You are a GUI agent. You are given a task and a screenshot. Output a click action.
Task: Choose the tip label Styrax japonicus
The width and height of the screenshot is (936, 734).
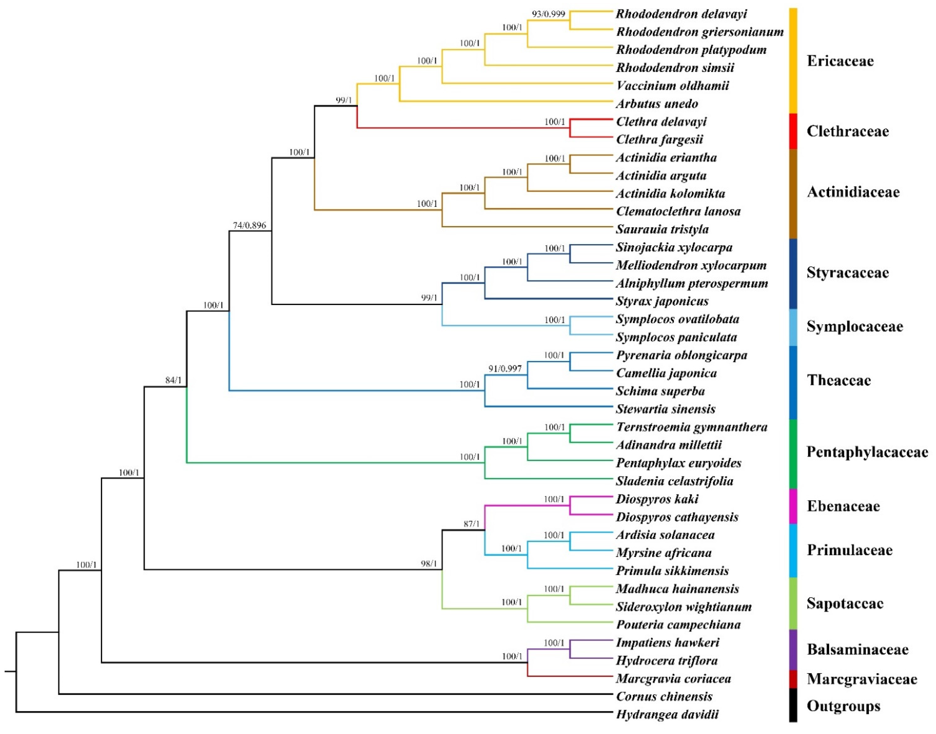click(662, 301)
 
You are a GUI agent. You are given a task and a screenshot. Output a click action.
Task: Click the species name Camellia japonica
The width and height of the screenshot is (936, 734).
click(666, 373)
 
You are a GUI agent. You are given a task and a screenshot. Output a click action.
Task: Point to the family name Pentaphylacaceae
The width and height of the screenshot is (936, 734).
click(867, 452)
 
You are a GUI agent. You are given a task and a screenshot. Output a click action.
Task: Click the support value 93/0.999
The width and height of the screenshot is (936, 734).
click(548, 14)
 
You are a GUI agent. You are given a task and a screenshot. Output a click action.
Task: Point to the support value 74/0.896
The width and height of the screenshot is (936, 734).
click(249, 225)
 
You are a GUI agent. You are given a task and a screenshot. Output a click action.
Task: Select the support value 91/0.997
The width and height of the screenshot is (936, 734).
click(505, 369)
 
